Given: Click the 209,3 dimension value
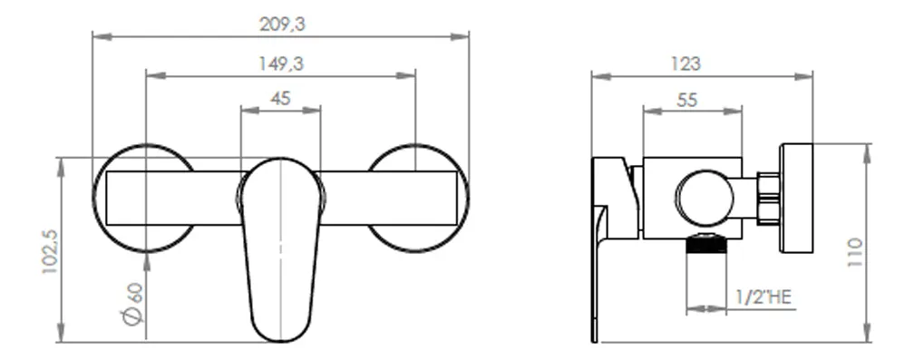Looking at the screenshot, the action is (x=282, y=24).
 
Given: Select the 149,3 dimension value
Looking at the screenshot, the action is (x=281, y=63).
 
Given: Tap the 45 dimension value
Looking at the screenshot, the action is (x=280, y=99).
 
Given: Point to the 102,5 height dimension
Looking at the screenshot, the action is (x=50, y=252).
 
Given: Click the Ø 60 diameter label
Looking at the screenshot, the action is (x=133, y=304).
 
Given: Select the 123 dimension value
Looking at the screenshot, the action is (x=685, y=63).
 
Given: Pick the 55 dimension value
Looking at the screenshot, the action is (x=687, y=100).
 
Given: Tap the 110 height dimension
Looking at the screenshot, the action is (x=855, y=252).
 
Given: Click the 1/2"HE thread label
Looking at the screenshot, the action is (x=763, y=297).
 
